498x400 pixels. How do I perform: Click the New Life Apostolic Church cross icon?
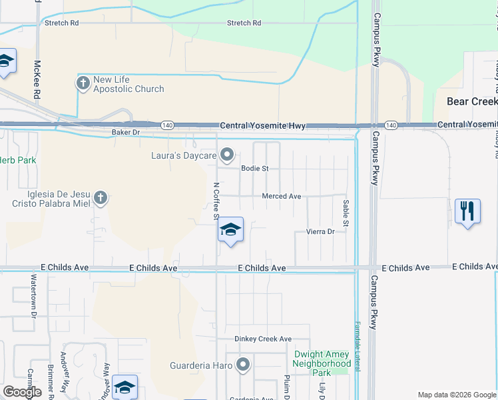(x=83, y=84)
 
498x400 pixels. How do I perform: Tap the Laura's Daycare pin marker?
(x=227, y=155)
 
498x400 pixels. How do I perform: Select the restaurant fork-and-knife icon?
(x=468, y=211)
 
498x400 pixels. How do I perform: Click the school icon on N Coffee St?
(x=230, y=231)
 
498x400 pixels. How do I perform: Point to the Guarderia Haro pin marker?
(x=243, y=365)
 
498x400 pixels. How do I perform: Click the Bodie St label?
(x=255, y=169)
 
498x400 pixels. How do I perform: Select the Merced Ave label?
(x=282, y=197)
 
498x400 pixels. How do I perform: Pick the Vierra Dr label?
(x=320, y=231)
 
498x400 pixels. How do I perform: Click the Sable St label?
(x=346, y=212)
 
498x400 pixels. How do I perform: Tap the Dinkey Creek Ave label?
(x=263, y=339)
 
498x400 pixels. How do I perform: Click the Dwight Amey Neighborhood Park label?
(x=322, y=363)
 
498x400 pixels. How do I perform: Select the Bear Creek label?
(x=472, y=101)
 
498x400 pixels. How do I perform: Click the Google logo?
(x=22, y=392)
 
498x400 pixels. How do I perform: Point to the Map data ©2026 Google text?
(x=456, y=395)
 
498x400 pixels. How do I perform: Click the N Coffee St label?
(x=216, y=201)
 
